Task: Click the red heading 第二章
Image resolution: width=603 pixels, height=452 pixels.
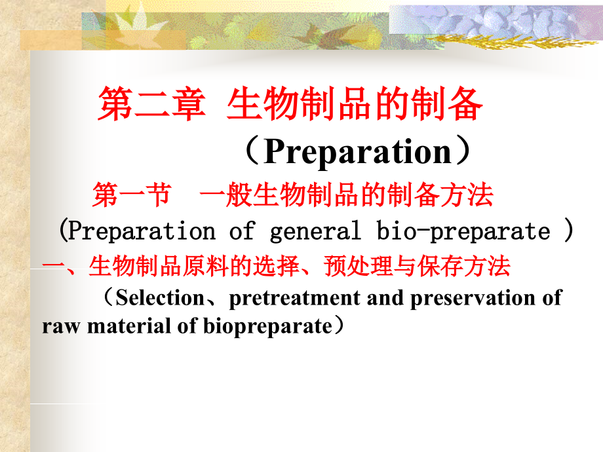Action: point(151,104)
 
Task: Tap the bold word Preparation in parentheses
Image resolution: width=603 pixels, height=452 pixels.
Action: point(358,152)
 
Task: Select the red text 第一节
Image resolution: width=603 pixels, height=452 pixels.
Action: point(132,195)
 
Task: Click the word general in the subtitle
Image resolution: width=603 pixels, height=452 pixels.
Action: point(315,231)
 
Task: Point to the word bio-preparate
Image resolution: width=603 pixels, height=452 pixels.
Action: point(463,231)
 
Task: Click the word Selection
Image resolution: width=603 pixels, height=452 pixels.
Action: point(160,298)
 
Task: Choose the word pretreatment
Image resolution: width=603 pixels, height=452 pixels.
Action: point(294,299)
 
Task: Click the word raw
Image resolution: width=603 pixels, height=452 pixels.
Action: point(61,328)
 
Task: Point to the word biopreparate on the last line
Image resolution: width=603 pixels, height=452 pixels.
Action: point(267,327)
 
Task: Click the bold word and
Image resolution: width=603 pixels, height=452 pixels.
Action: point(385,298)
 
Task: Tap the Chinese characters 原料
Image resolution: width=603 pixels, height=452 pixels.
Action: point(206,266)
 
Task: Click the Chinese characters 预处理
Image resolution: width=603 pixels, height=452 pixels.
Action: point(359,266)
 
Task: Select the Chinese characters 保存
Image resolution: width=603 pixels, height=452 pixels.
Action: point(440,266)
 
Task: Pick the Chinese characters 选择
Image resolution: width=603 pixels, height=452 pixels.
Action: point(277,266)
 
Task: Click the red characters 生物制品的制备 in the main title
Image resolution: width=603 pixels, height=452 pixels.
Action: point(355,104)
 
